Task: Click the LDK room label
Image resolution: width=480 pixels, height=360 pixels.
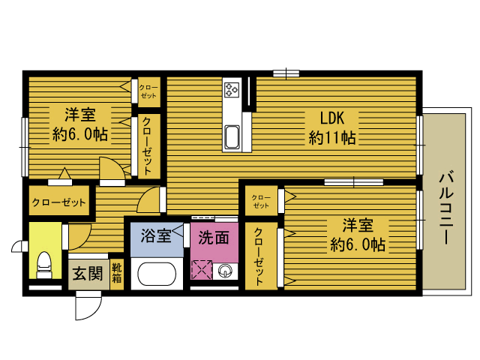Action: [332, 118]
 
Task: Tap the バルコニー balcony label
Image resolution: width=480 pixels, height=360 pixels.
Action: [446, 208]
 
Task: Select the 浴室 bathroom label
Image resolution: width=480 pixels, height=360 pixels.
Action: [156, 235]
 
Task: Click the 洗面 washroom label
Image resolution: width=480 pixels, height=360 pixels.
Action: [214, 237]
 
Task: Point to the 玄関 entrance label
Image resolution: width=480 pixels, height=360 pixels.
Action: [88, 273]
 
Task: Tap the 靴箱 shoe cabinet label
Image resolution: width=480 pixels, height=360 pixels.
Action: [117, 273]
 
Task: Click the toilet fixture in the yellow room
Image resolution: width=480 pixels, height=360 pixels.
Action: [44, 265]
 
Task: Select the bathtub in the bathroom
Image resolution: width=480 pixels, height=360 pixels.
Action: [157, 274]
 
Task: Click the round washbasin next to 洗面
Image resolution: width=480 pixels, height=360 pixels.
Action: [225, 271]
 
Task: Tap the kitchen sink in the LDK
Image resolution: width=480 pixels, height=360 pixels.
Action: [232, 136]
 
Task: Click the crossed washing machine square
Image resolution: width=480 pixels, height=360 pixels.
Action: [202, 270]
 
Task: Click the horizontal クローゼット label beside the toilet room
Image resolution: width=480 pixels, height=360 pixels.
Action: [58, 202]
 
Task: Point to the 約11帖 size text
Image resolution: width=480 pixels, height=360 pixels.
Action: [332, 138]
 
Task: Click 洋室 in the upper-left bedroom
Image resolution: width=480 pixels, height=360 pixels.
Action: [80, 115]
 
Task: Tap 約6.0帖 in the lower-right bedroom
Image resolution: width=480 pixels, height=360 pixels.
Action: [358, 244]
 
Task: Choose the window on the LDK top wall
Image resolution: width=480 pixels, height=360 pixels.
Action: [286, 73]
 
